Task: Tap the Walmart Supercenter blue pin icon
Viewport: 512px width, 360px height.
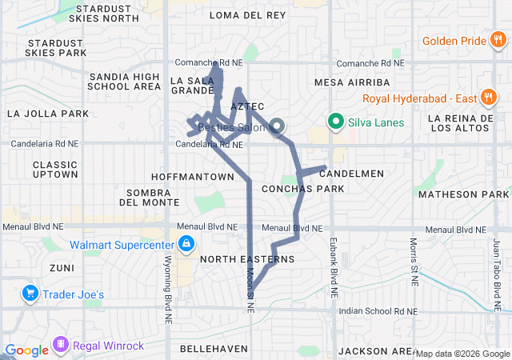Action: click(186, 243)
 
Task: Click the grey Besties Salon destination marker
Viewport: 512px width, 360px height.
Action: click(278, 126)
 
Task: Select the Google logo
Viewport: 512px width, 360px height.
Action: click(26, 350)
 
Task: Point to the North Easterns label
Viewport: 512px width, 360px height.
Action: click(247, 259)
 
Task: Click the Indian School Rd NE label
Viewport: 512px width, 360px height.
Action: click(378, 310)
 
